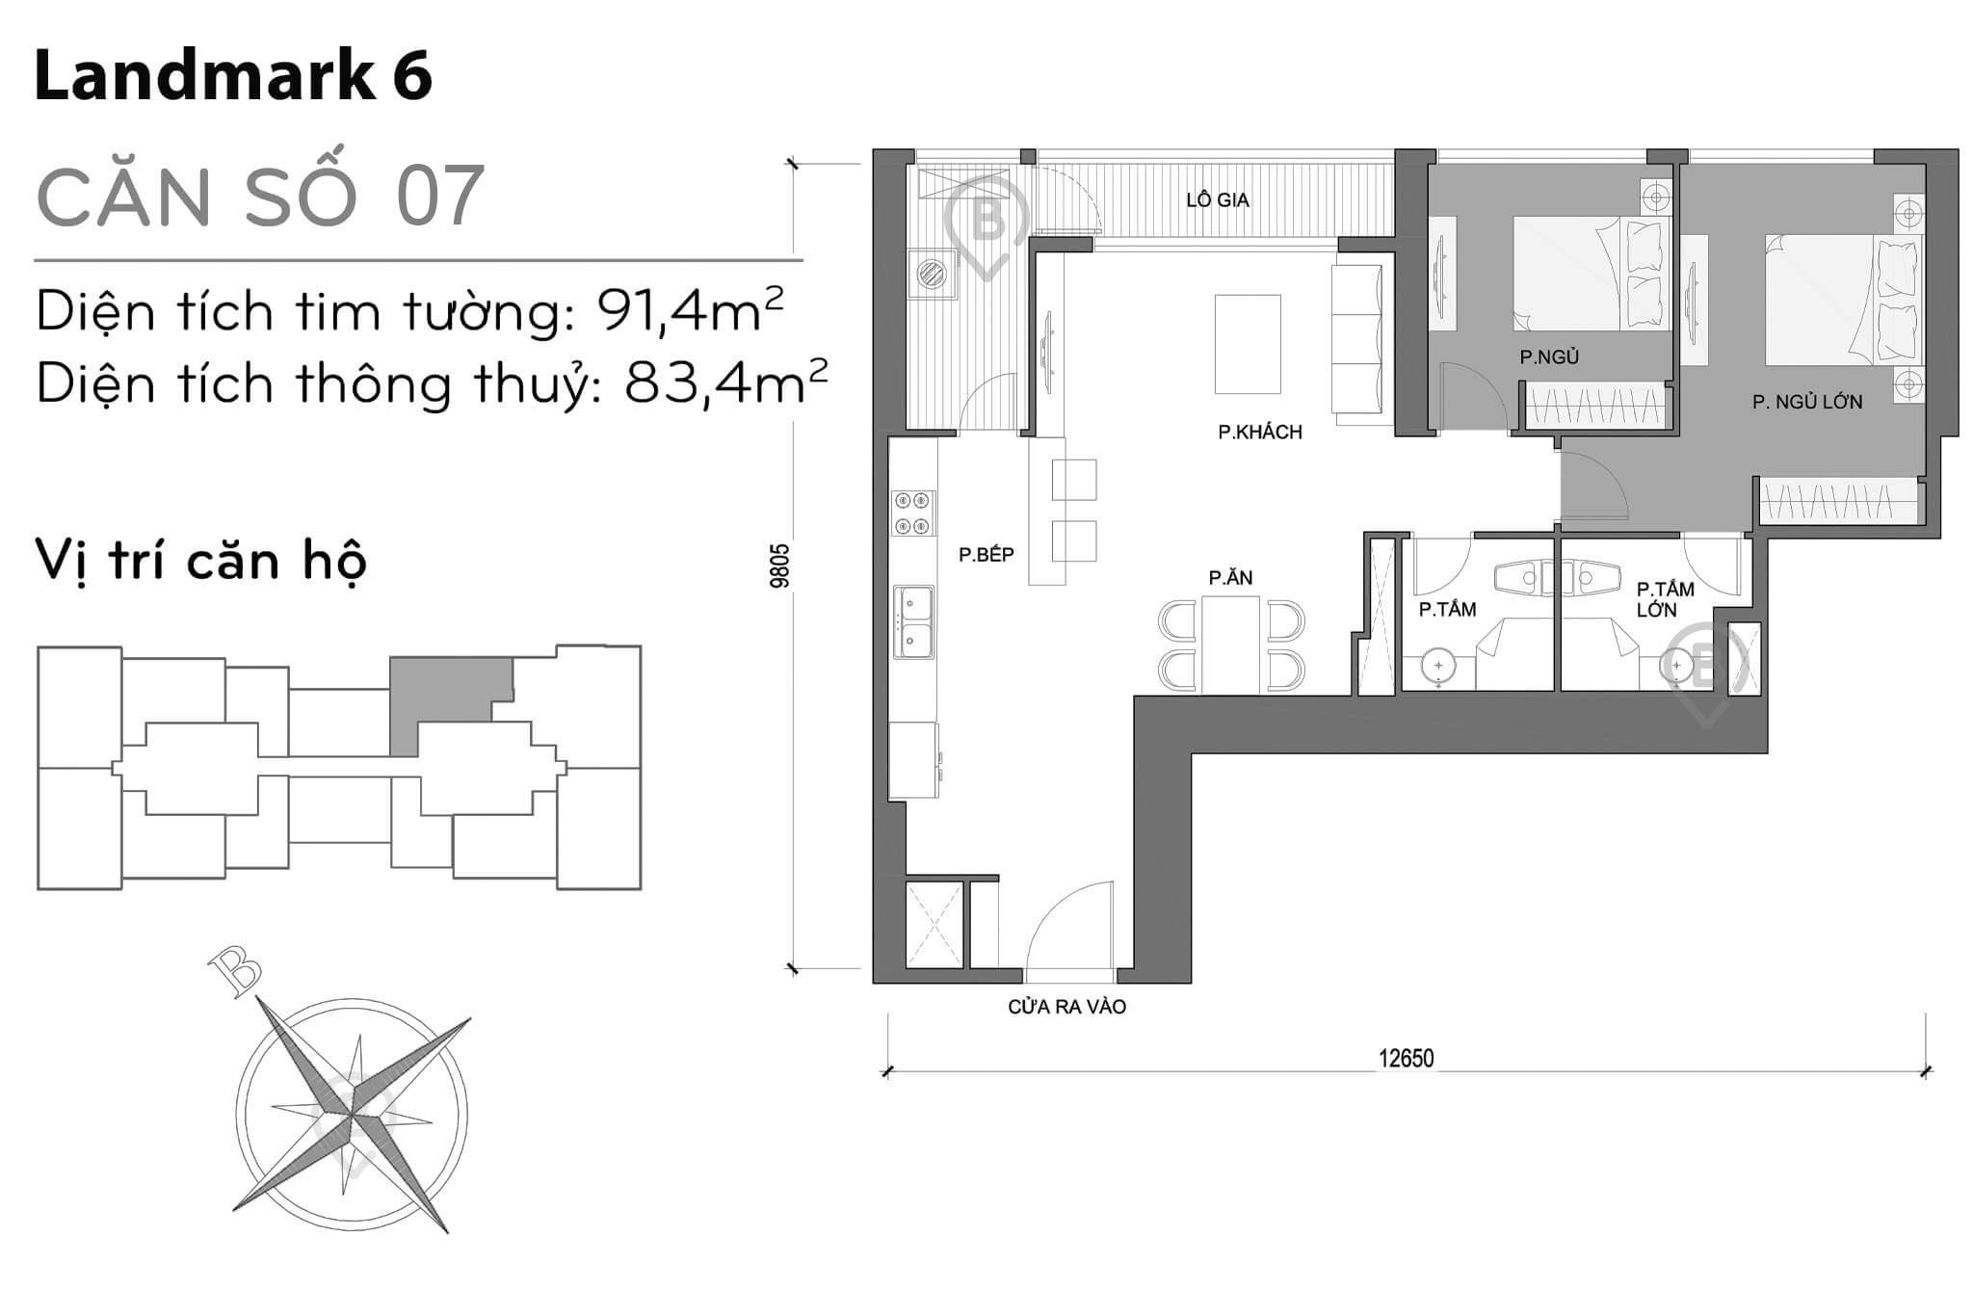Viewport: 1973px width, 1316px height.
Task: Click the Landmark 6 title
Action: [x=233, y=76]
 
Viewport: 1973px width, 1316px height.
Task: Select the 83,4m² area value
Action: [x=725, y=383]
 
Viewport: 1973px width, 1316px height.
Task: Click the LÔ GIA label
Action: [x=1218, y=200]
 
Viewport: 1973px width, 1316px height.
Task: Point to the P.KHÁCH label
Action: [x=1259, y=433]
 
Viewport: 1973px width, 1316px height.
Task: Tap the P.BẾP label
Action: [x=986, y=555]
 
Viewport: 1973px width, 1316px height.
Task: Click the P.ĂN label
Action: [x=1230, y=578]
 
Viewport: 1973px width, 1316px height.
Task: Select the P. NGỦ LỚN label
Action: [x=1806, y=403]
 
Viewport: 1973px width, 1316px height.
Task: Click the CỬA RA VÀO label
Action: [x=1066, y=1008]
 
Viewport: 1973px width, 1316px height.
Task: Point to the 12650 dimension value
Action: [x=1406, y=1059]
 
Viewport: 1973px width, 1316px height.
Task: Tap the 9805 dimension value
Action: [x=780, y=566]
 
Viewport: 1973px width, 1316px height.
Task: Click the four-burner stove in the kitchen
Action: [x=912, y=513]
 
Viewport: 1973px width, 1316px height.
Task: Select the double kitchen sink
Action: [x=912, y=621]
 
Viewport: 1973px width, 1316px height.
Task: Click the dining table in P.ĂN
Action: [x=1230, y=645]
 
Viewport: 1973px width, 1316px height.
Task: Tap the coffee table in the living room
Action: [x=1248, y=344]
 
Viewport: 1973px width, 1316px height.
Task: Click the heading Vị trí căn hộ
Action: [x=200, y=560]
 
